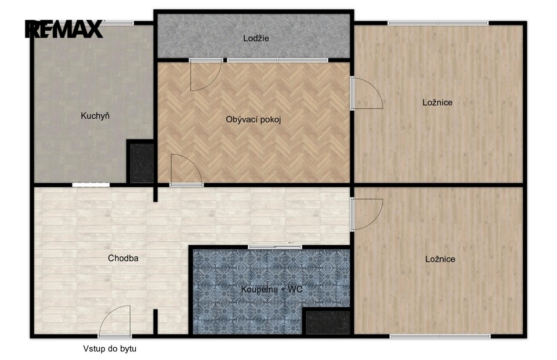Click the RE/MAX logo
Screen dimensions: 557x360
(x=64, y=29)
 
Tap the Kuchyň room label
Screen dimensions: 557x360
(x=95, y=115)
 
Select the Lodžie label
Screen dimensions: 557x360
(x=256, y=38)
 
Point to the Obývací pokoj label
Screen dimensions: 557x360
(x=254, y=119)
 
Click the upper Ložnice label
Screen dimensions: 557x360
(x=437, y=103)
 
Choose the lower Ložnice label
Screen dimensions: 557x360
(x=440, y=259)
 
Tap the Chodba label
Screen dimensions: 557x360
(x=123, y=258)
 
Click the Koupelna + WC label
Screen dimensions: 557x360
(x=272, y=289)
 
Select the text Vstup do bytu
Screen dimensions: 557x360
(x=110, y=348)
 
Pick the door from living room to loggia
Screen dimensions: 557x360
(x=205, y=75)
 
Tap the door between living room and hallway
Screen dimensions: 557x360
(x=186, y=170)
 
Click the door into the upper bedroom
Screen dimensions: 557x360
(x=367, y=93)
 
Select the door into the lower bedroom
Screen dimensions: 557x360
(x=367, y=214)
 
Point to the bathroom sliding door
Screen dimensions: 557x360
(x=275, y=247)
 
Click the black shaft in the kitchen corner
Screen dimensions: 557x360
(x=141, y=163)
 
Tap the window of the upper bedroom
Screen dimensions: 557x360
(x=438, y=23)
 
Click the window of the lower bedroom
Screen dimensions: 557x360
(x=440, y=336)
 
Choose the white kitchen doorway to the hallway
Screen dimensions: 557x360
(x=91, y=184)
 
